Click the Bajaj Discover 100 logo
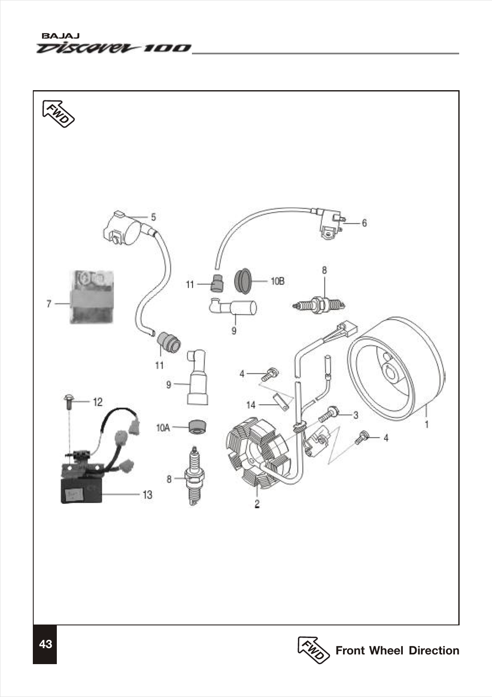pyautogui.click(x=114, y=44)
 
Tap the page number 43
pyautogui.click(x=45, y=644)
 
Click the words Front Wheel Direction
pyautogui.click(x=397, y=651)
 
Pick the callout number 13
pyautogui.click(x=147, y=495)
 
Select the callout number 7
pyautogui.click(x=49, y=303)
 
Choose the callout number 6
pyautogui.click(x=364, y=223)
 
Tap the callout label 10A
pyautogui.click(x=163, y=428)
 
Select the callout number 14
pyautogui.click(x=251, y=405)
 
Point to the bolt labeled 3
pyautogui.click(x=330, y=414)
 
